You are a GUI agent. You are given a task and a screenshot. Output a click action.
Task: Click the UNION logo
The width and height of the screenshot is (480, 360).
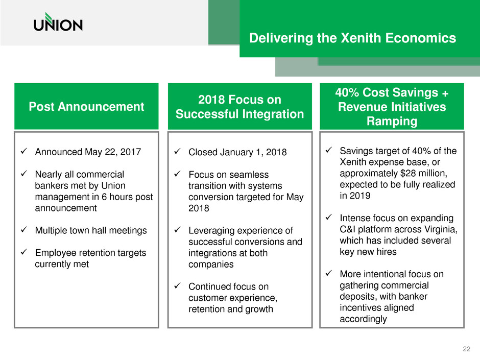pos(58,22)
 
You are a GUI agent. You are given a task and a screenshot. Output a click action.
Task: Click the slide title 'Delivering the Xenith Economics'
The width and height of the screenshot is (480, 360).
pos(352,38)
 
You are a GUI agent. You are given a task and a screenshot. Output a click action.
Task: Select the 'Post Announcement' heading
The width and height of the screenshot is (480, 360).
pos(86,107)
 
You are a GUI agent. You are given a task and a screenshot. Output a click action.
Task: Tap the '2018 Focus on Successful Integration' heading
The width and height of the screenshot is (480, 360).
pos(239,107)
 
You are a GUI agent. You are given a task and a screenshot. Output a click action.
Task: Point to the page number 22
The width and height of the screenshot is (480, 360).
pos(467,349)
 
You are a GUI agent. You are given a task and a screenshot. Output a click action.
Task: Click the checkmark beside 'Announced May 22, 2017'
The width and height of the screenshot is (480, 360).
pos(24,151)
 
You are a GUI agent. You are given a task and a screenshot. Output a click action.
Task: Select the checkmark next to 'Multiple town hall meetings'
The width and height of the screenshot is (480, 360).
pos(24,229)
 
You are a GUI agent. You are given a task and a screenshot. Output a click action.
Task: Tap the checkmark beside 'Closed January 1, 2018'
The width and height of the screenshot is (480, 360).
pos(177,151)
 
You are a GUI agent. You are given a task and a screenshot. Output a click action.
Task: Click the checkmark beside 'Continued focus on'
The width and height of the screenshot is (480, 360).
pos(177,285)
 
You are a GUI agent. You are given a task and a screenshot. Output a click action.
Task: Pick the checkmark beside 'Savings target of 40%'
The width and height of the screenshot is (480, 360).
pos(329,150)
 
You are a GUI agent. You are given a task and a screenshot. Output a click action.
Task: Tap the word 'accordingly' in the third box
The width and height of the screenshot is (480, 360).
pos(363,319)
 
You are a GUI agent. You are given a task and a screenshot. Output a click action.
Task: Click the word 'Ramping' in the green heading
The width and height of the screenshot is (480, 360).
pos(392,121)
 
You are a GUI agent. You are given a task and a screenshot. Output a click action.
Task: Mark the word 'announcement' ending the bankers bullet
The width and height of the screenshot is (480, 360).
pos(66,208)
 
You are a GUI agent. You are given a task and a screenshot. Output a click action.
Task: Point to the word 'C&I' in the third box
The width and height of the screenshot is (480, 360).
pos(347,229)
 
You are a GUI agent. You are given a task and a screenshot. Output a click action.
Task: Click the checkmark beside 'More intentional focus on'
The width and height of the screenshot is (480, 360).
pos(329,273)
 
